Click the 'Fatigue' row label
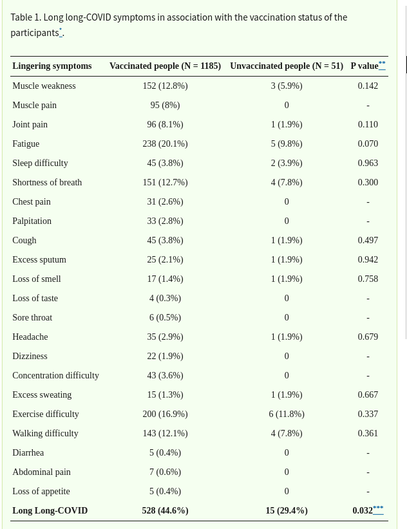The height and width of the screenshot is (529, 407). point(26,144)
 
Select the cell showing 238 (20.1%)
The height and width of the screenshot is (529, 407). point(165,144)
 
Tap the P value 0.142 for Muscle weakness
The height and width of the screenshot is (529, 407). point(368,86)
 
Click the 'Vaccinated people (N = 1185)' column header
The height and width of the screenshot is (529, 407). point(165,66)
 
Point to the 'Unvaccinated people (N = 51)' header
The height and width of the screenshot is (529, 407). point(286,66)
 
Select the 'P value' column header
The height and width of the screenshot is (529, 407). point(364,66)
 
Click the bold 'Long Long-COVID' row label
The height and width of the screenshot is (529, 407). point(50,510)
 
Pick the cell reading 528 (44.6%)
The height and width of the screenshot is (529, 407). point(165,510)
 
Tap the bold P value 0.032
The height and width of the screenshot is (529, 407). point(363,510)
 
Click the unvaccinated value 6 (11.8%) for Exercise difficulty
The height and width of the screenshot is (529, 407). point(287,414)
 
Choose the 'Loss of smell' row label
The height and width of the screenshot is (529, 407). point(37,279)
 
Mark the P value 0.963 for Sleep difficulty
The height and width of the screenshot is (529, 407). point(368,163)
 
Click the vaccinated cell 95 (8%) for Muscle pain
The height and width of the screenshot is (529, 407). point(165,105)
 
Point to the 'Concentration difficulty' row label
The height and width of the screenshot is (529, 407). point(55,375)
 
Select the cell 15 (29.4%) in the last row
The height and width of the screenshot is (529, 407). point(287,510)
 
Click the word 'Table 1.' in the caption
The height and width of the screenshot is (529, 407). point(26,17)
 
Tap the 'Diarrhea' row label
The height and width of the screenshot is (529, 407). point(28,452)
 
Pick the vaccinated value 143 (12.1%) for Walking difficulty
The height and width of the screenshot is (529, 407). point(165,433)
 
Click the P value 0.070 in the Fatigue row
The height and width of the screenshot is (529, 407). point(368,144)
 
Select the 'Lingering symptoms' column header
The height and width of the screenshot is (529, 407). point(52,66)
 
